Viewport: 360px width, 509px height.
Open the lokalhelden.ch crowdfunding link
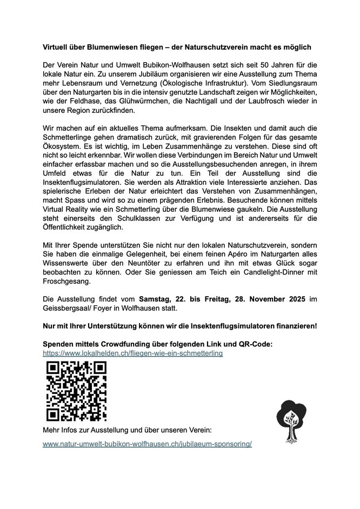coord(133,353)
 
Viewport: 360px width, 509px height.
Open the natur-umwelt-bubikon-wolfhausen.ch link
coord(147,444)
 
